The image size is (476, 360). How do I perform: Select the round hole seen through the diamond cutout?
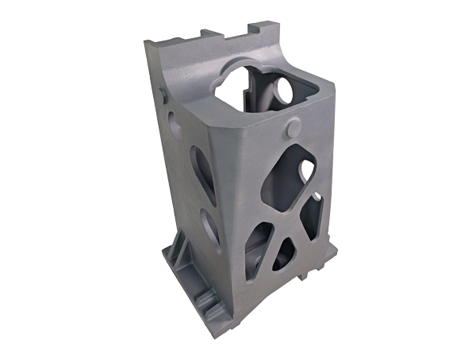304,168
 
